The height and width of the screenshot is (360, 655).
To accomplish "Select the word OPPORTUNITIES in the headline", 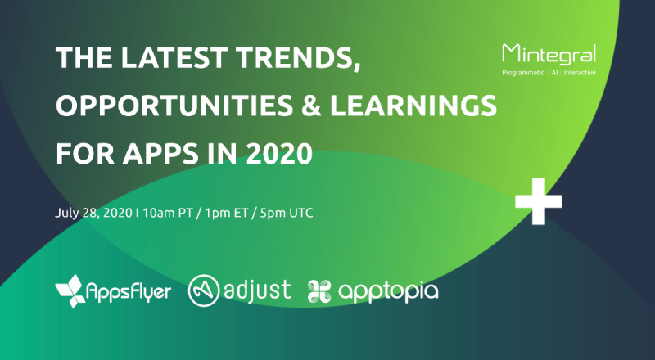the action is [x=174, y=106].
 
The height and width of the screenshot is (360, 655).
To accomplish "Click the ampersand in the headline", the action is [x=311, y=106].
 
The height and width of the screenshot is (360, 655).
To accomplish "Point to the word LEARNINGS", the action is [x=413, y=106].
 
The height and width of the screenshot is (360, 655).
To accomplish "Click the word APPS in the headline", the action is [x=160, y=153].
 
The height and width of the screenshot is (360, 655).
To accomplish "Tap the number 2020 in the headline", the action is [x=279, y=153].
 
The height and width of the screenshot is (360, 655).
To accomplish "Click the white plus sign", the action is [x=539, y=201].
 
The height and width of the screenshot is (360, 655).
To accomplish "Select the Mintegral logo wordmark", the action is [x=549, y=54].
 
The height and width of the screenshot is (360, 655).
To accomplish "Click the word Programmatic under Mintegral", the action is [x=523, y=73].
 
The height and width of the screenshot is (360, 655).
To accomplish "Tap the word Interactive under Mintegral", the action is [x=580, y=73].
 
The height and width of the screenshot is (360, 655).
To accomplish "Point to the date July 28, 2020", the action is [x=93, y=213].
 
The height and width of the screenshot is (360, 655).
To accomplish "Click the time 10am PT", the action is [x=168, y=213].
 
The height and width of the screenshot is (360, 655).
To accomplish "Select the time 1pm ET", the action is [x=227, y=213].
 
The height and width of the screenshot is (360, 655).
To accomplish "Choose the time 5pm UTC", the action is [x=286, y=213].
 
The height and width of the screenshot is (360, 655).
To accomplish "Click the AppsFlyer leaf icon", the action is [x=70, y=291].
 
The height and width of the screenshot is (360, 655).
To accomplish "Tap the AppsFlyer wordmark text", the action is [x=129, y=291].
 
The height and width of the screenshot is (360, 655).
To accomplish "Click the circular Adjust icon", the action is [x=204, y=290].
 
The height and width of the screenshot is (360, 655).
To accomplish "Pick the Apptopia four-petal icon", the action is [x=319, y=291].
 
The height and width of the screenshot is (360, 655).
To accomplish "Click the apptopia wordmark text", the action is [x=388, y=291].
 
